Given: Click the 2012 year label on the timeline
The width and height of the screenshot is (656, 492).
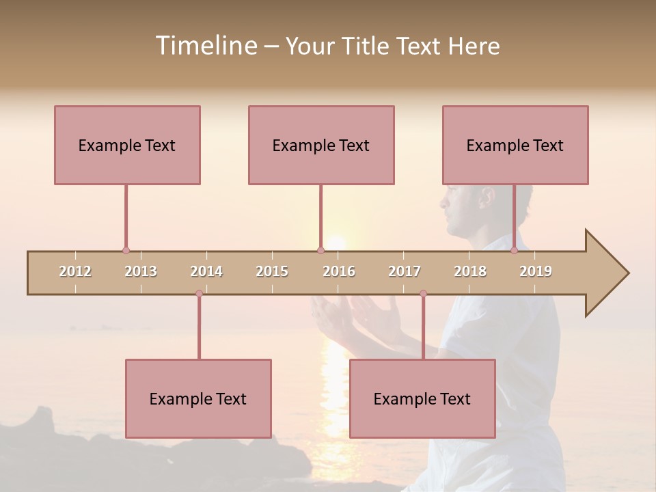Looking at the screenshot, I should [75, 271].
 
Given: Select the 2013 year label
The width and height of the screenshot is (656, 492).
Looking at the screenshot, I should [141, 271].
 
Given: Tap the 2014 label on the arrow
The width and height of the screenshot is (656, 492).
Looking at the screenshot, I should [206, 271].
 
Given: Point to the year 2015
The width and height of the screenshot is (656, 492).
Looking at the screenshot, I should [272, 271].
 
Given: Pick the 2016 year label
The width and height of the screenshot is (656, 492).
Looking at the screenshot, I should [339, 271].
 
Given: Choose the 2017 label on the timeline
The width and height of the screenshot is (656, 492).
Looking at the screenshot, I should [405, 271].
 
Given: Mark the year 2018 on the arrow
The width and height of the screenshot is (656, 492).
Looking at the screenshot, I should [470, 271].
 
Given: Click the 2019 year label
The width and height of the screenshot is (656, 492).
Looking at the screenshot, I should [536, 271].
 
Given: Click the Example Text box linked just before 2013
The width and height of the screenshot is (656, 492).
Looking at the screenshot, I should [127, 145].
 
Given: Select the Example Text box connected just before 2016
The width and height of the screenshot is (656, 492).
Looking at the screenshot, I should [321, 145].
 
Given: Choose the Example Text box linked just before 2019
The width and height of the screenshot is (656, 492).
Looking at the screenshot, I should [515, 145].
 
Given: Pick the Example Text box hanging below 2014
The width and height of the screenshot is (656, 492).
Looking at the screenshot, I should [198, 398].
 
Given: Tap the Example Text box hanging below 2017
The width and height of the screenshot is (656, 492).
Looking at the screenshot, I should [422, 398].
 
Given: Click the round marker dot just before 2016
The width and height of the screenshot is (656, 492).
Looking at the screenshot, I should [320, 251].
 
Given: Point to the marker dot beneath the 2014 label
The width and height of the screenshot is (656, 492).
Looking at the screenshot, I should [199, 293].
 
